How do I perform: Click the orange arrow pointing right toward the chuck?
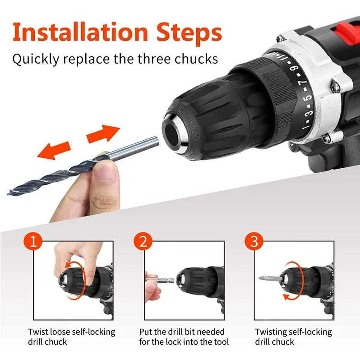[103, 134]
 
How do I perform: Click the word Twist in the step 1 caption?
[38, 332]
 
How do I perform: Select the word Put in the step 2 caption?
[146, 332]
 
